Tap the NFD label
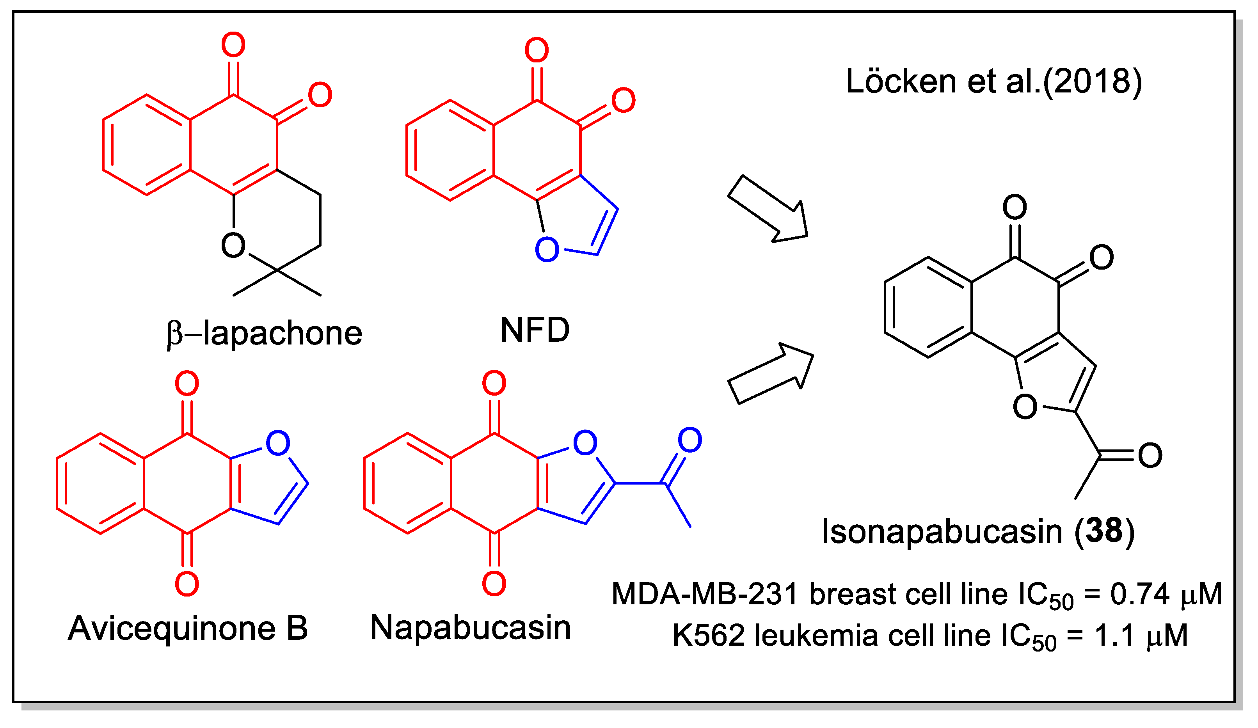[535, 330]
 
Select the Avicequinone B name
[188, 628]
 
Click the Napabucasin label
[470, 627]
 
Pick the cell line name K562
[708, 635]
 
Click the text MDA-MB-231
[704, 594]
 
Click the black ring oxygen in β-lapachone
[233, 245]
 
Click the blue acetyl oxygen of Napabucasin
[690, 440]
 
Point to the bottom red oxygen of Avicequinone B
[187, 584]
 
